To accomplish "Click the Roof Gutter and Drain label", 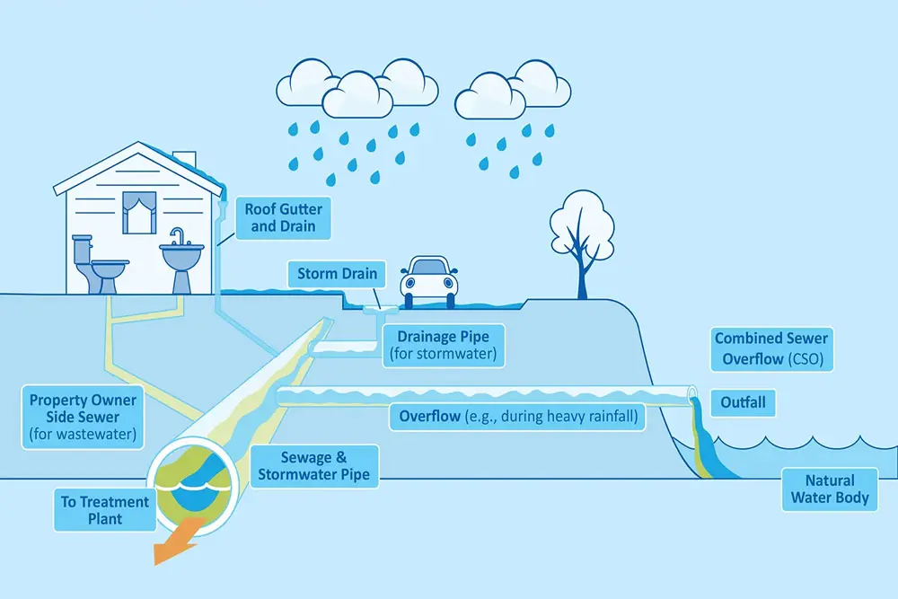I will (283, 218).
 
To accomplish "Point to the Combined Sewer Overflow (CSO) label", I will (770, 349).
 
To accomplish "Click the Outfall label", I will (743, 402).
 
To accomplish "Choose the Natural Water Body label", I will (830, 489).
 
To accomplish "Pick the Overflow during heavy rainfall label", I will (516, 417).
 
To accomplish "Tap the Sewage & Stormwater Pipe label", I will (310, 466).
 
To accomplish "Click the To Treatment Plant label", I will (92, 509).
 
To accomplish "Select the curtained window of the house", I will (139, 213).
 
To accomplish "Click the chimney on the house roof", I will (184, 159).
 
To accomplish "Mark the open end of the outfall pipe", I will (691, 393).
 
